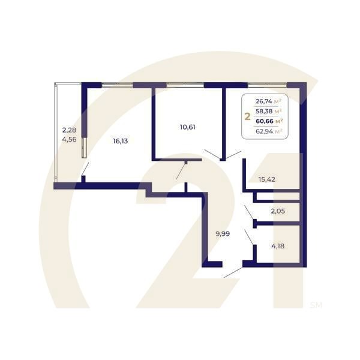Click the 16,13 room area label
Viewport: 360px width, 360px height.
[121, 141]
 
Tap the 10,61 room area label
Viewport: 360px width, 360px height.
[188, 127]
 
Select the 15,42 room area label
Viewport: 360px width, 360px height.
[267, 179]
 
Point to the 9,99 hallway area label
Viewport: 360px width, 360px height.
[223, 234]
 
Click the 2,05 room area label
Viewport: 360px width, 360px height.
[278, 211]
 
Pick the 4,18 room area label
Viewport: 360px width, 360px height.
[278, 246]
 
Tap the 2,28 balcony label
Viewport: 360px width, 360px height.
[69, 130]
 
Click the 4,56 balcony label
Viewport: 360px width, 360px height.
[70, 139]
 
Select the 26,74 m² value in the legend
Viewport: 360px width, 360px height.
[269, 101]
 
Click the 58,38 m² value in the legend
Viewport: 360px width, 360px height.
[269, 112]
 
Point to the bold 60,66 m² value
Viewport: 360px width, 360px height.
[269, 121]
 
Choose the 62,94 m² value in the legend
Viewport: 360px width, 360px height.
[269, 131]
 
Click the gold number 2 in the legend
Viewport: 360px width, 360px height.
[247, 117]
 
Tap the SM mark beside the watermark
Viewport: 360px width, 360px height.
[316, 305]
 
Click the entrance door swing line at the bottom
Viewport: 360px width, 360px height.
[233, 272]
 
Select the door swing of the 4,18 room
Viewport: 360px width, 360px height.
[249, 237]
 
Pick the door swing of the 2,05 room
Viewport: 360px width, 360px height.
[249, 212]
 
